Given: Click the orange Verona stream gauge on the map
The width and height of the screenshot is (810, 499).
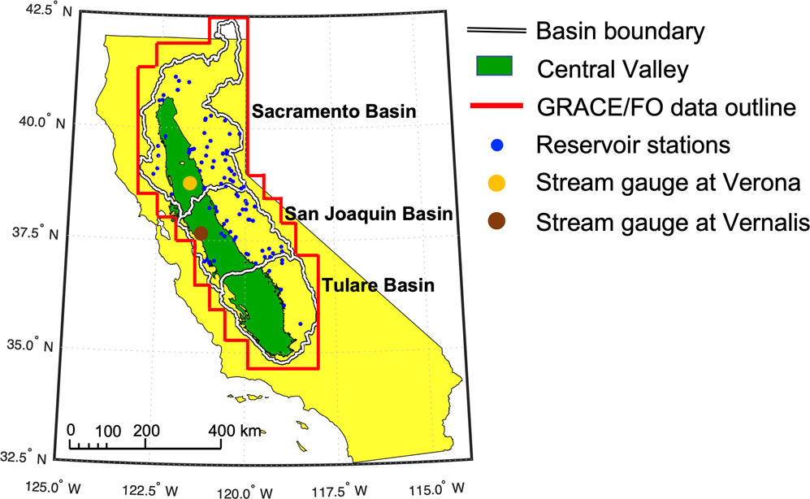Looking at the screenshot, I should click(x=190, y=183).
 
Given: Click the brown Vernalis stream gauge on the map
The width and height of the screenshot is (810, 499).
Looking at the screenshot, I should click(x=201, y=233).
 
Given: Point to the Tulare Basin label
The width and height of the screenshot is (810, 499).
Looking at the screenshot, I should click(x=377, y=285).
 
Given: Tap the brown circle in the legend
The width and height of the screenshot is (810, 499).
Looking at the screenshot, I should click(x=497, y=221).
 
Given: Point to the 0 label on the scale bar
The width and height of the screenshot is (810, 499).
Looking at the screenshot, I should click(x=71, y=430).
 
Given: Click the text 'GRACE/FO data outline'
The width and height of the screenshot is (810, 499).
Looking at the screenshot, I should click(x=665, y=106).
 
